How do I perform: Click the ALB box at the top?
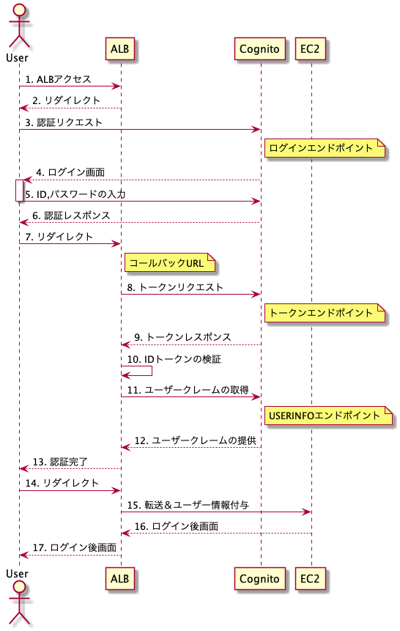point(120,48)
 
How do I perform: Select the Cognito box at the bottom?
point(260,579)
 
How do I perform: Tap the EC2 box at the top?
point(311,48)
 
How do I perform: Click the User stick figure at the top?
point(18,24)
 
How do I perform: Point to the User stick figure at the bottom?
point(18,604)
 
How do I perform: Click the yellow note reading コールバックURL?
point(170,263)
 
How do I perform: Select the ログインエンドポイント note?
point(325,148)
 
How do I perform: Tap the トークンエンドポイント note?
point(325,313)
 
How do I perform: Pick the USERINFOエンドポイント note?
point(328,416)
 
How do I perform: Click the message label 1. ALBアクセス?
point(58,79)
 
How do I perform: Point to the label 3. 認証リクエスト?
point(64,122)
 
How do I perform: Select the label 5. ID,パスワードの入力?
point(75,194)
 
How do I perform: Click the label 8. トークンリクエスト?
point(175,287)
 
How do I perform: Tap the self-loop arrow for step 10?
point(152,371)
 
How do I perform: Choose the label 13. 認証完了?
point(60,462)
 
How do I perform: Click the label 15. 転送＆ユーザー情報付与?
point(188,505)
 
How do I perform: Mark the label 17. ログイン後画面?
point(75,547)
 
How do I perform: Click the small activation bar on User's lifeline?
point(19,191)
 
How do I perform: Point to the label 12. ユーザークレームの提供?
point(195,440)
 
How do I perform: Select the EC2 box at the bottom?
point(311,579)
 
